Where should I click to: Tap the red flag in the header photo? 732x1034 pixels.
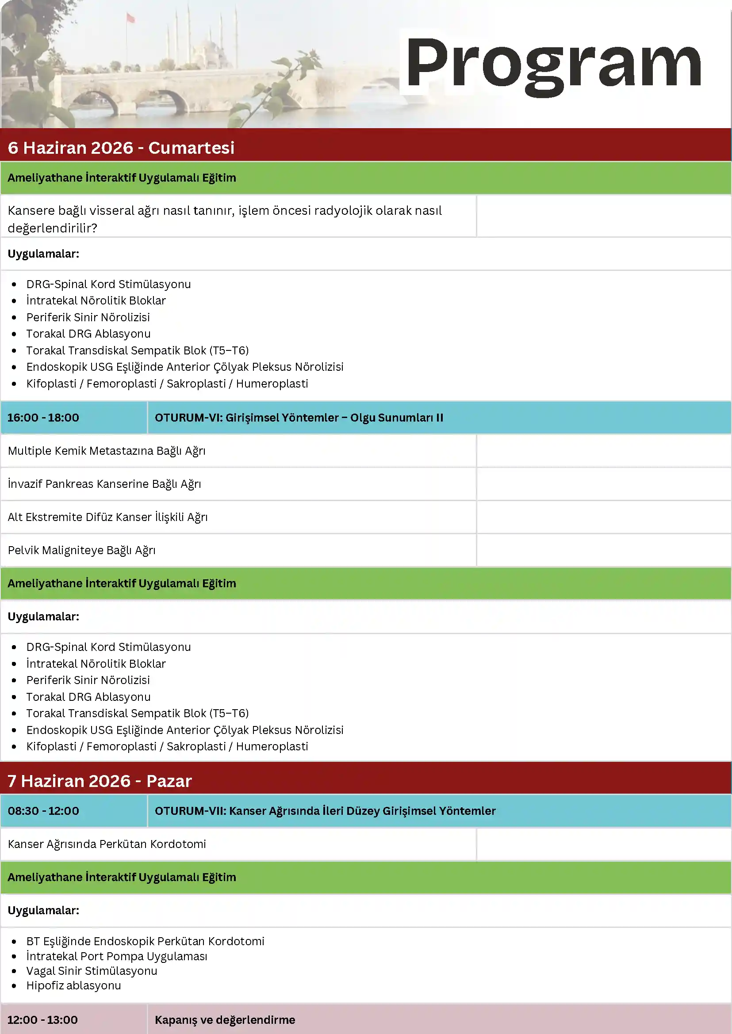click(x=131, y=18)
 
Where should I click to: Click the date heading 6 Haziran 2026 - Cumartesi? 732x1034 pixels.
click(x=121, y=148)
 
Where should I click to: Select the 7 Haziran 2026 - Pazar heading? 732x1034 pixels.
click(x=100, y=781)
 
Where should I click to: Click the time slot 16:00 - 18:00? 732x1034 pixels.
click(x=43, y=418)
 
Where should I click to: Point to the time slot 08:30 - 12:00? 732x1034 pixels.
click(x=43, y=810)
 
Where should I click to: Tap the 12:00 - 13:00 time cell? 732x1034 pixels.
click(x=42, y=1019)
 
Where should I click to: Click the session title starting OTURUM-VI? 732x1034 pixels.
click(x=299, y=418)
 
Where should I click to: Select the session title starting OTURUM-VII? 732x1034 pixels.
click(x=325, y=810)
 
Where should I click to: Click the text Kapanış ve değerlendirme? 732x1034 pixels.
click(x=225, y=1019)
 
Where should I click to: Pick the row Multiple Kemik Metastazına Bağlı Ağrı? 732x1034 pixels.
click(x=107, y=451)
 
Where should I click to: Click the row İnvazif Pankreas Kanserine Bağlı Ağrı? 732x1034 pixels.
click(x=104, y=484)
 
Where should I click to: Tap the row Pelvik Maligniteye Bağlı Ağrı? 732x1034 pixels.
click(x=81, y=550)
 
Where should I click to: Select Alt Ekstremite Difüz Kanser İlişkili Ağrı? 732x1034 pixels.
click(x=108, y=517)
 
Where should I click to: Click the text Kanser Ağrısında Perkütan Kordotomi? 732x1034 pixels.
click(x=107, y=844)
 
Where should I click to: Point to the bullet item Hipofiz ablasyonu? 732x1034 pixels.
click(x=73, y=985)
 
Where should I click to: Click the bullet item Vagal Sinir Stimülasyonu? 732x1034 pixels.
click(x=92, y=970)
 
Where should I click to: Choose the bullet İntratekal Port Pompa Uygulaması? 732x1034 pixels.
click(x=117, y=956)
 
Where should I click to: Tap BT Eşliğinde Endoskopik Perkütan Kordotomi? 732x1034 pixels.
click(x=145, y=941)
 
